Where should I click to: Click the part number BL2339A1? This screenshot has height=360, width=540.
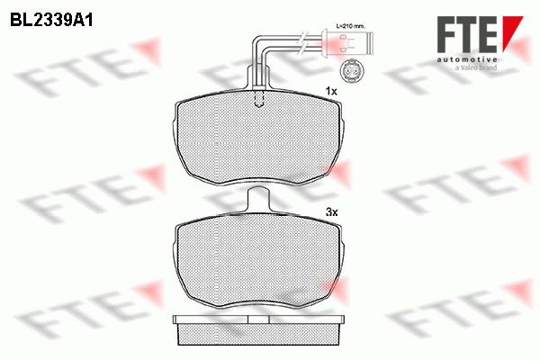coord(51,21)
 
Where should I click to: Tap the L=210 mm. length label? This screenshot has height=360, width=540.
coord(350,26)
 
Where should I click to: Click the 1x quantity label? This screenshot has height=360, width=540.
coord(331,91)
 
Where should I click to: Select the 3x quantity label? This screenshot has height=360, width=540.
coord(331,212)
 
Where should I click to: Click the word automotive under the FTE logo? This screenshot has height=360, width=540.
coord(467,60)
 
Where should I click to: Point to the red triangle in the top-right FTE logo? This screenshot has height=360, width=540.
coord(510,32)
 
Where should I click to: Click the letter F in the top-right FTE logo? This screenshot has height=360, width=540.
coord(447,34)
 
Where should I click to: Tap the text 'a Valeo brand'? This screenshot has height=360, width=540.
coord(476,67)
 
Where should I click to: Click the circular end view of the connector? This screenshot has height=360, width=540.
coord(351,72)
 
